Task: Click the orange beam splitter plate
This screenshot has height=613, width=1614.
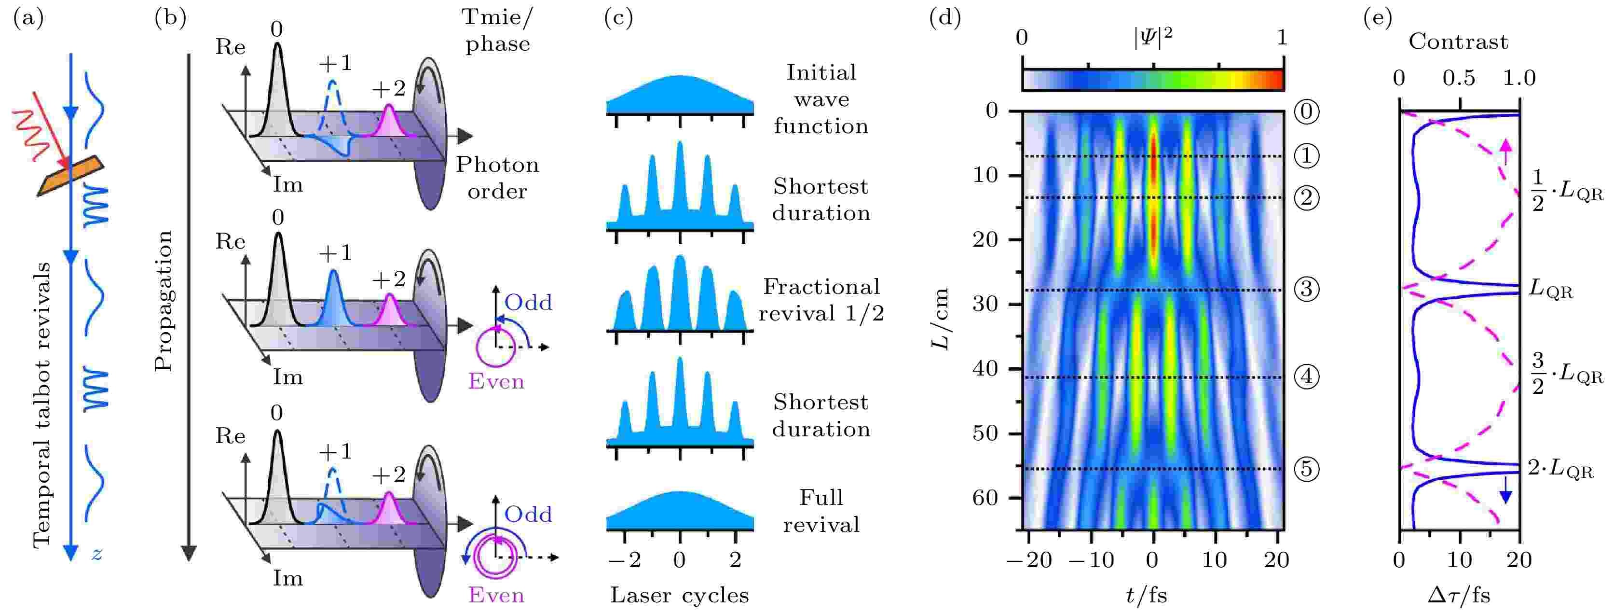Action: point(70,176)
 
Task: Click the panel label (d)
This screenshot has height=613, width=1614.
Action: point(945,18)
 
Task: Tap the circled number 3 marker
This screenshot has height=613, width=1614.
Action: point(1306,289)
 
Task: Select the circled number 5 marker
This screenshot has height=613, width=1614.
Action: point(1306,469)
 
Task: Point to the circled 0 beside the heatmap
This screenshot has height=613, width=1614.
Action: point(1306,111)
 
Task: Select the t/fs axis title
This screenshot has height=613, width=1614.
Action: point(1146,595)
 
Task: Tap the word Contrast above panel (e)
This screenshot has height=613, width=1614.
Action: point(1458,42)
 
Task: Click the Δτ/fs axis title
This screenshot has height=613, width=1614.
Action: point(1459,594)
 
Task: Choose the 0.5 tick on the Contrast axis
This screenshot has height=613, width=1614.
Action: point(1459,78)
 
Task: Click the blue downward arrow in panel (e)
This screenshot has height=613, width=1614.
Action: point(1505,490)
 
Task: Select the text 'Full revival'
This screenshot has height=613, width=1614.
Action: point(821,511)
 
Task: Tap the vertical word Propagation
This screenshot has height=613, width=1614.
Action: point(163,301)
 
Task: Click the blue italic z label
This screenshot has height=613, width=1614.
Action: point(96,554)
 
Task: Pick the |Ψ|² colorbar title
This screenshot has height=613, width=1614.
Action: point(1153,38)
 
